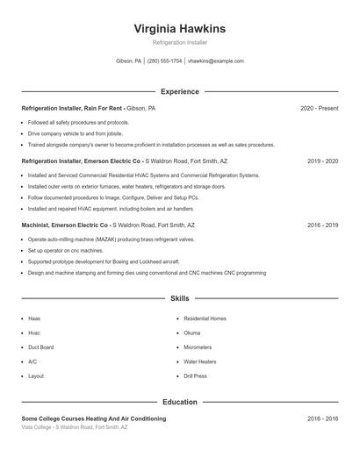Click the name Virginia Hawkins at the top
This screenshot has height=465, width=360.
click(179, 29)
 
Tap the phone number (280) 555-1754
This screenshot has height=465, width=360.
click(164, 61)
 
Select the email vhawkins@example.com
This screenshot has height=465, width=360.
click(216, 61)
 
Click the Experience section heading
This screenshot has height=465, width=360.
click(179, 91)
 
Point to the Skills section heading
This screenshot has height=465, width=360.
click(179, 299)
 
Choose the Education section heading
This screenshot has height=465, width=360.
click(179, 402)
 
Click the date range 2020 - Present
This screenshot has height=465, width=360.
click(319, 108)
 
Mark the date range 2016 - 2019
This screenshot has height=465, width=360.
click(322, 225)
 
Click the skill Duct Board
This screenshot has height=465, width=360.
click(40, 347)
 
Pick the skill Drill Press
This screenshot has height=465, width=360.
click(195, 376)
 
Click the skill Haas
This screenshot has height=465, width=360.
click(33, 318)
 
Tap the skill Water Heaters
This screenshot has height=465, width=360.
click(200, 361)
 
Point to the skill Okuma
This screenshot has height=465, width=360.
click(192, 333)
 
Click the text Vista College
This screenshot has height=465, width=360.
click(38, 427)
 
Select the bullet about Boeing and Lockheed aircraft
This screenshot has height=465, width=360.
click(104, 261)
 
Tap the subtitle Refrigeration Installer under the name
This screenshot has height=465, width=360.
click(179, 42)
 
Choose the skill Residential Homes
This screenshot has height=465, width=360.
click(205, 318)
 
